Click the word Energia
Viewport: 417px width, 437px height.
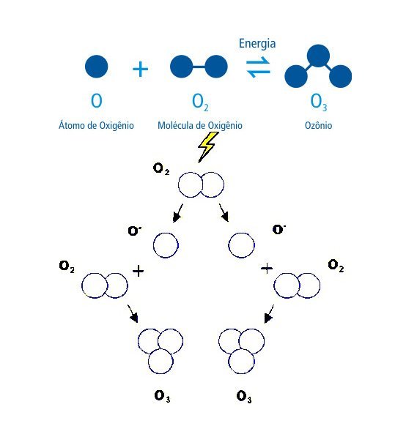coord(257,45)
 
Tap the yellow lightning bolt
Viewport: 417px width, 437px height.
coord(207,146)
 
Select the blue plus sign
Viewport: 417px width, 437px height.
coord(140,69)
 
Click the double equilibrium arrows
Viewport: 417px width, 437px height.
coord(258,67)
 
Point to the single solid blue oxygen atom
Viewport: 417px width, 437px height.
coord(97,67)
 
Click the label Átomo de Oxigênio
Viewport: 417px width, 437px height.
coord(96,125)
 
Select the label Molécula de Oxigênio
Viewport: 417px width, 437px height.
coord(200,125)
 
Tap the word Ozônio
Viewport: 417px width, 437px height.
coord(319,125)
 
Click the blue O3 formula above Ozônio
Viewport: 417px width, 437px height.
coord(319,102)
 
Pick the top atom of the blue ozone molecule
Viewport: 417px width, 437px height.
coord(318,56)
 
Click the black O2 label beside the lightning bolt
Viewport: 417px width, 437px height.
coord(161,169)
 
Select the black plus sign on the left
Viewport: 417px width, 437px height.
coord(138,271)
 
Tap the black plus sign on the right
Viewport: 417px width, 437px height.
coord(267,269)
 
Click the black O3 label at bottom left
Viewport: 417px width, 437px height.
coord(162,396)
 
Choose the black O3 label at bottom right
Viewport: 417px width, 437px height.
coord(244,397)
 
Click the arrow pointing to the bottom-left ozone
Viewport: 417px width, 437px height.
coord(133,313)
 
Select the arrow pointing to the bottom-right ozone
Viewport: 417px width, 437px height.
coord(269,314)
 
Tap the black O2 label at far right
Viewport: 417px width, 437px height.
coord(336,265)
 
